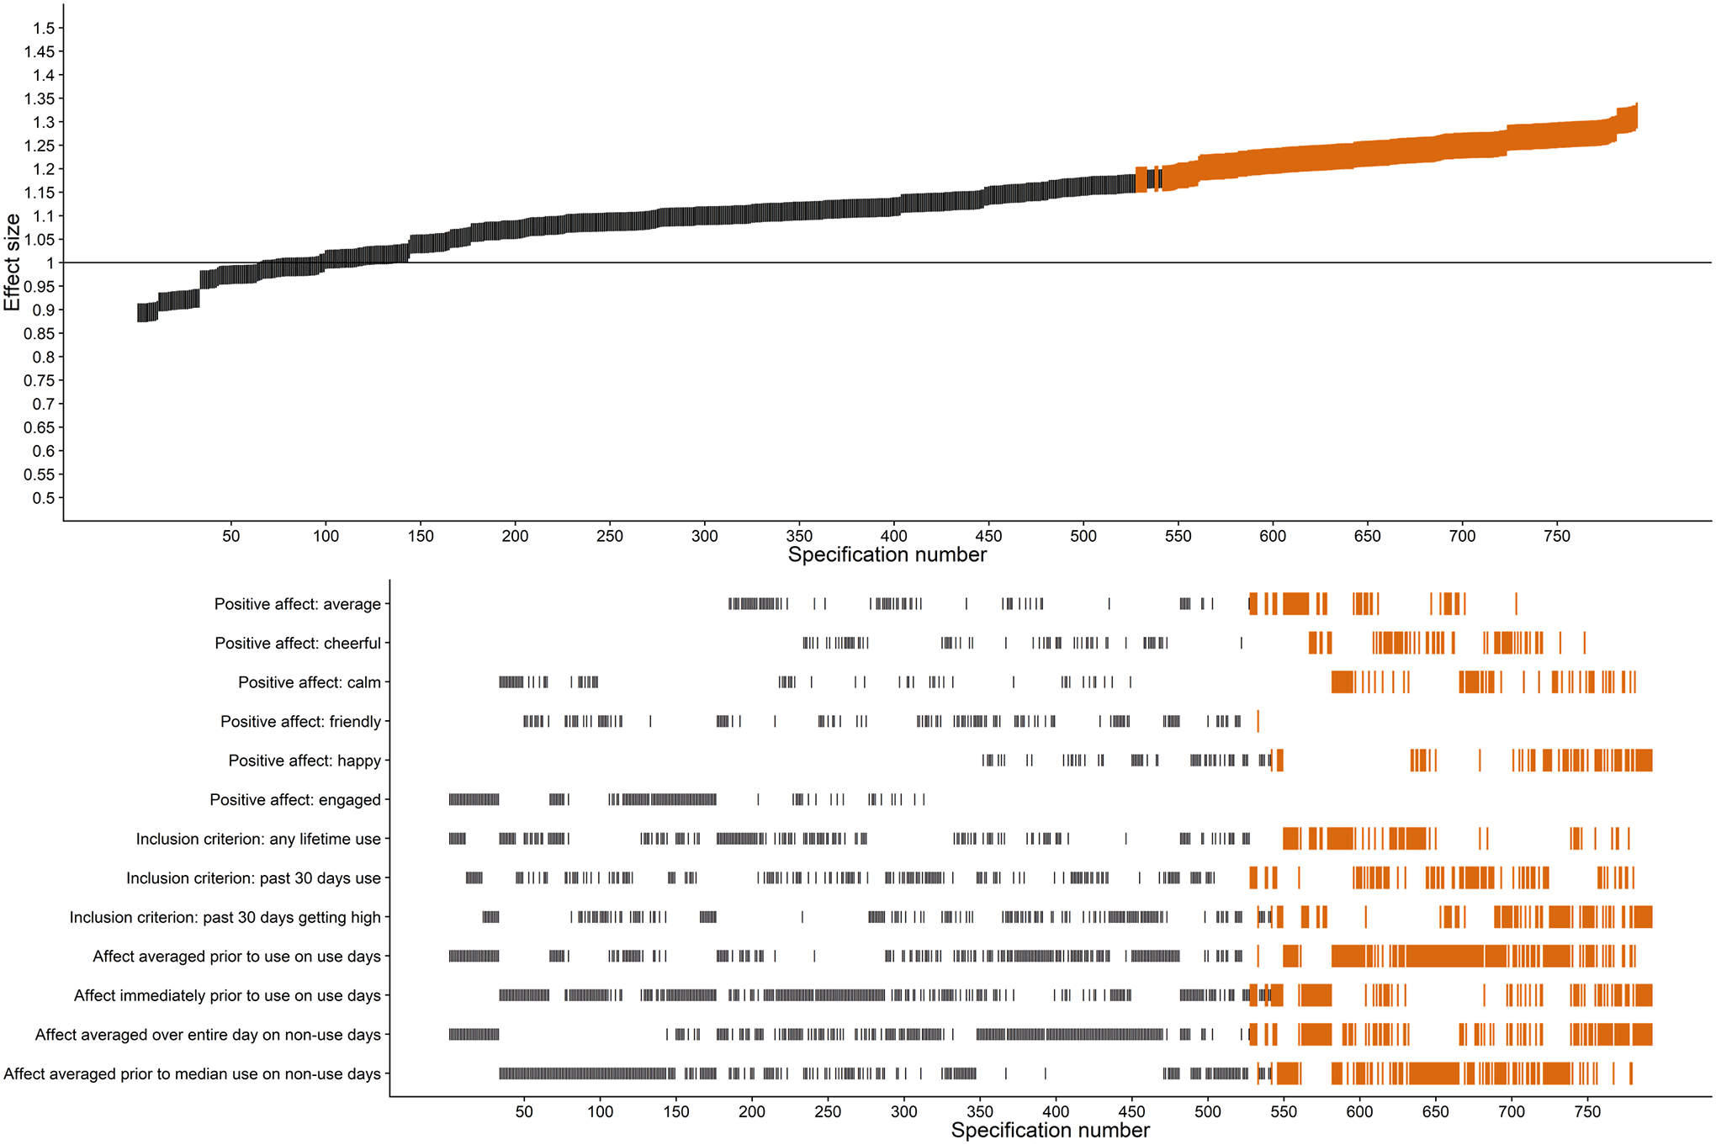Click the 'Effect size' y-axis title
[12, 262]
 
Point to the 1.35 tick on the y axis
[40, 99]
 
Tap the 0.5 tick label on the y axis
[44, 498]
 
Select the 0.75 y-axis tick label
[40, 381]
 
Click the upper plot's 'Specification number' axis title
[887, 555]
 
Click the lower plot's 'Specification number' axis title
[1050, 1131]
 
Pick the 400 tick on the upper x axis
[894, 537]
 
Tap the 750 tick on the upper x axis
[1557, 537]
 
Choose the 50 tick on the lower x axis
[524, 1112]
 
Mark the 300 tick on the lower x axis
[904, 1112]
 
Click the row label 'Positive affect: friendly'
[300, 722]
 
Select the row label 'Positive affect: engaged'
[295, 800]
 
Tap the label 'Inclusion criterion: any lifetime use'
[258, 840]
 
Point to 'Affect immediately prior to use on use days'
[227, 996]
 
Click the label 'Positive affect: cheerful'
[298, 644]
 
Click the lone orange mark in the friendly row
[1258, 721]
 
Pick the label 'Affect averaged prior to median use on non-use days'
[193, 1074]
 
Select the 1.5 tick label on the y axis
[44, 29]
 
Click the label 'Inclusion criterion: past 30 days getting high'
[225, 918]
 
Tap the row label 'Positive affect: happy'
[305, 761]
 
